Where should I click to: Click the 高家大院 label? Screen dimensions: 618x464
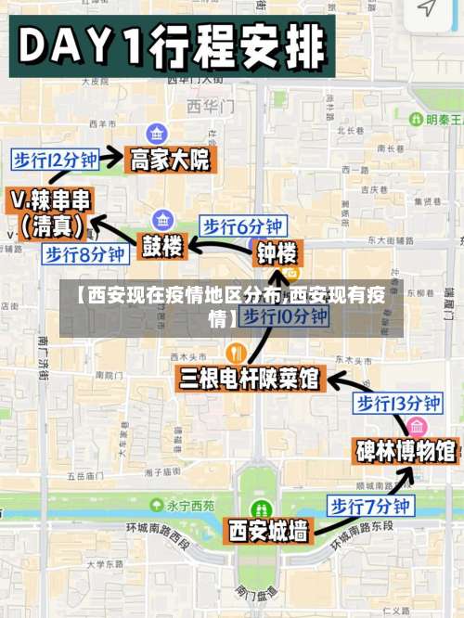[170, 161]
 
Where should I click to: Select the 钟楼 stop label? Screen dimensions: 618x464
[277, 252]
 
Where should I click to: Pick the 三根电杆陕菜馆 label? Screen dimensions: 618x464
[250, 379]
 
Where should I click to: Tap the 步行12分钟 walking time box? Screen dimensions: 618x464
[55, 160]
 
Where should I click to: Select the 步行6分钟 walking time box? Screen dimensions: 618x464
[243, 225]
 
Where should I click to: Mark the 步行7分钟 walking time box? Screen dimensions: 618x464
[370, 506]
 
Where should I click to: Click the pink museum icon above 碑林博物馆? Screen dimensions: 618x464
[417, 427]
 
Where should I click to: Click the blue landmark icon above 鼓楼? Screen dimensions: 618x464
[163, 221]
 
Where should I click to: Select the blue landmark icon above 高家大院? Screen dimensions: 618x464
[156, 135]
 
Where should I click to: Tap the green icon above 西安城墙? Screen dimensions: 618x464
[263, 509]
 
